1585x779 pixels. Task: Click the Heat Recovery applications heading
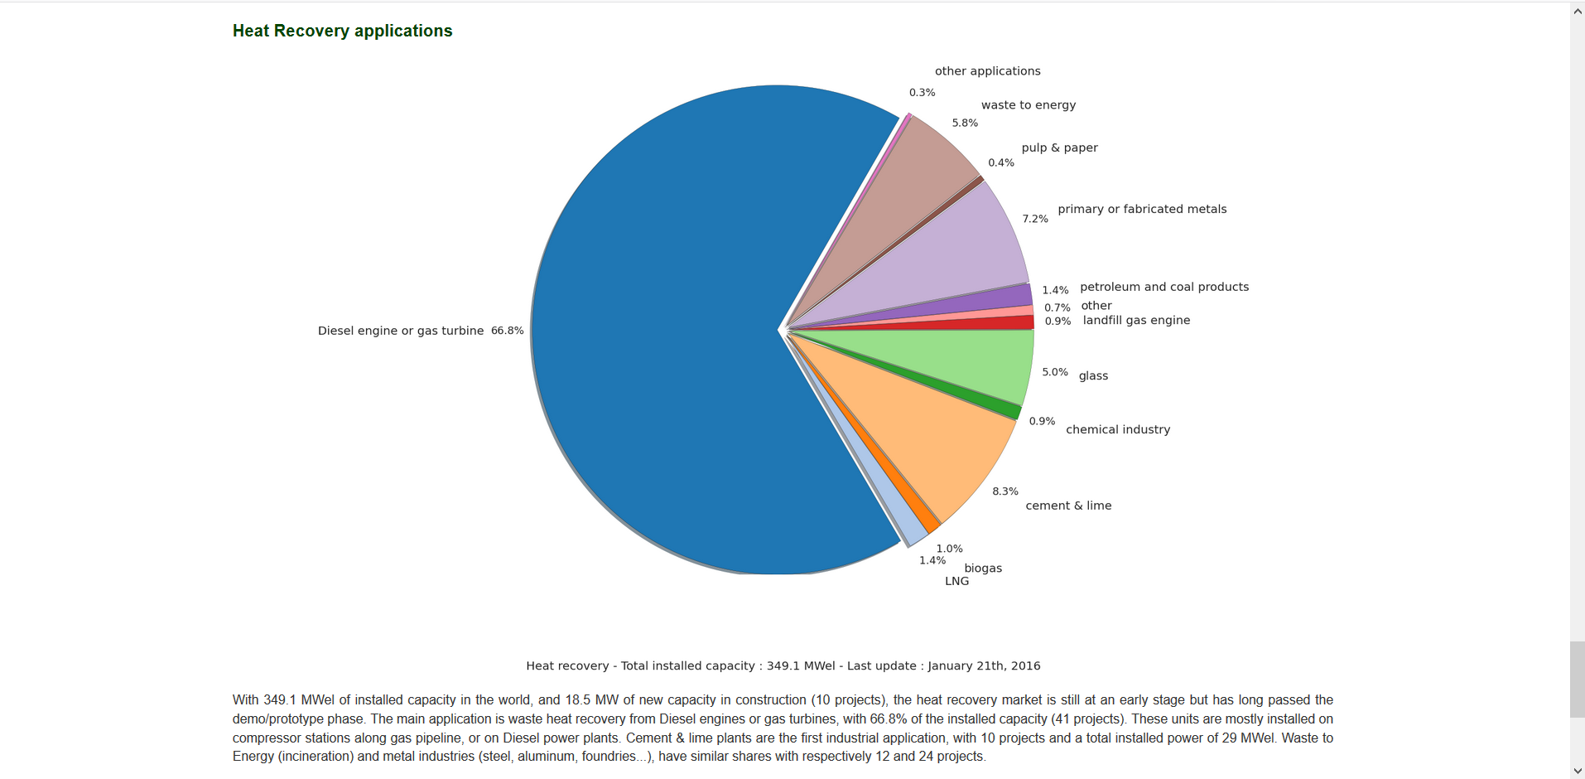tap(342, 31)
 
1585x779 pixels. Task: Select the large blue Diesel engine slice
tap(662, 331)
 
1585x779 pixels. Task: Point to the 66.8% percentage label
tap(507, 331)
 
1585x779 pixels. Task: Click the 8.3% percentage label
tap(1005, 491)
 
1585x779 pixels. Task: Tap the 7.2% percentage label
tap(1035, 219)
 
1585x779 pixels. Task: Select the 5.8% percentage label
tap(965, 123)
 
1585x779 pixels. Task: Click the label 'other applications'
tap(987, 71)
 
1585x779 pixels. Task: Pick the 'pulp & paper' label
tap(1059, 148)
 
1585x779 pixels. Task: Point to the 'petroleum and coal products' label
tap(1163, 287)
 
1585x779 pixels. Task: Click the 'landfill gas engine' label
tap(1136, 320)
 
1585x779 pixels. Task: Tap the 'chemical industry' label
tap(1118, 429)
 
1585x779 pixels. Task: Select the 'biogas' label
tap(983, 568)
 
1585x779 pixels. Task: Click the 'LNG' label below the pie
tap(956, 581)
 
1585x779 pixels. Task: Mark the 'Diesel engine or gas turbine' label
tap(401, 331)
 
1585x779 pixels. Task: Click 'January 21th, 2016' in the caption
tap(984, 665)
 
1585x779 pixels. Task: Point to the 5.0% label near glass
tap(1054, 372)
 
